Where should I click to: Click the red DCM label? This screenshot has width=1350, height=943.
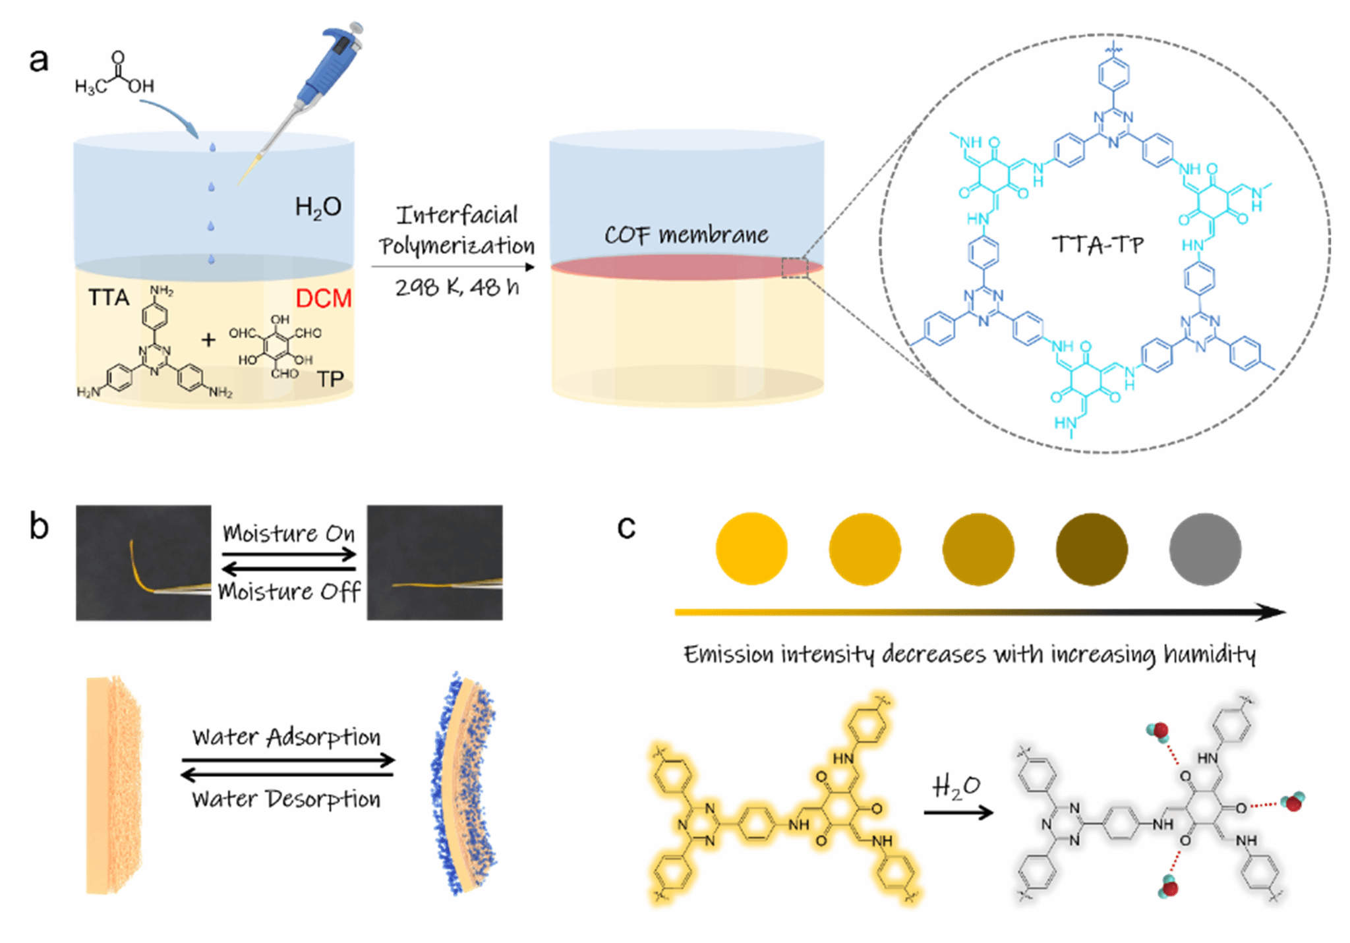coord(323,299)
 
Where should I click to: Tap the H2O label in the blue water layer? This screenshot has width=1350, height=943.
coord(318,208)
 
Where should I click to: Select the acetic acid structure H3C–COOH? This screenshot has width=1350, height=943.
coord(115,76)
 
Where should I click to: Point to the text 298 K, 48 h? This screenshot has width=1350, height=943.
coord(457,287)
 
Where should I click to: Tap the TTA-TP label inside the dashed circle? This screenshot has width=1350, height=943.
coord(1098,244)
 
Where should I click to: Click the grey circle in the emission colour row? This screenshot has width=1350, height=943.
coord(1205,549)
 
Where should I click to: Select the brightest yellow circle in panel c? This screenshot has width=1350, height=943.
coord(751,549)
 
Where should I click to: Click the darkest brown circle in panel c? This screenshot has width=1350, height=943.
coord(1092,549)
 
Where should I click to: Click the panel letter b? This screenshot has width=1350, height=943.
coord(39,527)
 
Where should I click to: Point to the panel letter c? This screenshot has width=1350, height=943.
coord(626,527)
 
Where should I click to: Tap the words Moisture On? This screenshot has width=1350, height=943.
coord(289,533)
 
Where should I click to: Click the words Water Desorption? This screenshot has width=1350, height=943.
coord(286,799)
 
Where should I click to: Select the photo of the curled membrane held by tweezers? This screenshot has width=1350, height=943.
coord(144,563)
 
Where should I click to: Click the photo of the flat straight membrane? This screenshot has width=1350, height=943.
coord(434,563)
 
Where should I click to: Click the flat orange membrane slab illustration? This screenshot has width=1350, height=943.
coord(113,784)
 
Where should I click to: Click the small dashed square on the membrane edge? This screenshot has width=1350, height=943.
coord(795,268)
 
